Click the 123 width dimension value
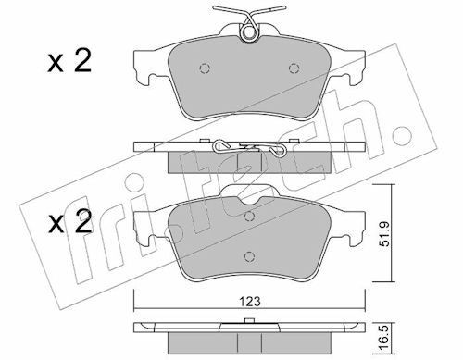[250, 302]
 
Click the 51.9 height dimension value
[385, 234]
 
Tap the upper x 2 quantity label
[69, 62]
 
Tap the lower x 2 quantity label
[70, 221]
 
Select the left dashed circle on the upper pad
[205, 68]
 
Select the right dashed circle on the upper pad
[294, 68]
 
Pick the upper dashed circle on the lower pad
[249, 217]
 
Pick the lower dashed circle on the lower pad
[249, 256]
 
